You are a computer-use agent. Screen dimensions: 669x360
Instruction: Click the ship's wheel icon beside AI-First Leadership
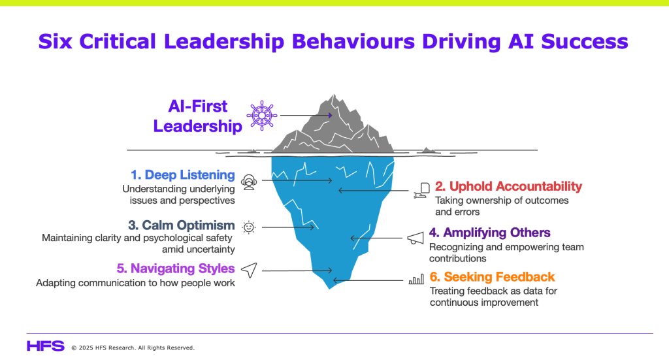(261, 116)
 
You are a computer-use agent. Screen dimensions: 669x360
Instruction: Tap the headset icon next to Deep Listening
(249, 182)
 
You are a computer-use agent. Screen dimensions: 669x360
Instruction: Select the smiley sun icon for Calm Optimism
(249, 227)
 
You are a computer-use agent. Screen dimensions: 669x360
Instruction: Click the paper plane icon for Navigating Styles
(249, 270)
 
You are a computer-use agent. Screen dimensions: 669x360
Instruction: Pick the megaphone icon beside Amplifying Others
(415, 238)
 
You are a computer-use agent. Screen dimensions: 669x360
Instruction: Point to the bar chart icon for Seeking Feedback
(416, 280)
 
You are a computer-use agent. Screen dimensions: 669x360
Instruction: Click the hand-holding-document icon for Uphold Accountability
(422, 191)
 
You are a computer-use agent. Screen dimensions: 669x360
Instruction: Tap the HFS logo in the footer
(46, 346)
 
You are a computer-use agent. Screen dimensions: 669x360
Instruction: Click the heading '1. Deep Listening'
(183, 175)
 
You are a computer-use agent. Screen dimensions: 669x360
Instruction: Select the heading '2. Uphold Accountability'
(508, 186)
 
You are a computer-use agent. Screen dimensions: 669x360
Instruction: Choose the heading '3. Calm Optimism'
(182, 225)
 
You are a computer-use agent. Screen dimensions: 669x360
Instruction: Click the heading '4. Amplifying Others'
(490, 233)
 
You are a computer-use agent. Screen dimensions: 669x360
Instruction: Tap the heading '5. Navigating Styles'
(176, 269)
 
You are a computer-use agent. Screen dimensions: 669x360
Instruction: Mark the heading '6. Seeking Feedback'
(492, 277)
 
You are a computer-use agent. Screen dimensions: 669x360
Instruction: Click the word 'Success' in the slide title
(585, 41)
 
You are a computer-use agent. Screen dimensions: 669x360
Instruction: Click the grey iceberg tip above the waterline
(333, 126)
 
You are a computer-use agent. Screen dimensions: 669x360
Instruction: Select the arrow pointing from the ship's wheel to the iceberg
(306, 115)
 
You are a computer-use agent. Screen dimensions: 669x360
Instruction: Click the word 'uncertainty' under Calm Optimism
(199, 250)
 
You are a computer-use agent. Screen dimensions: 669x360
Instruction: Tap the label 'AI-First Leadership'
(197, 116)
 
